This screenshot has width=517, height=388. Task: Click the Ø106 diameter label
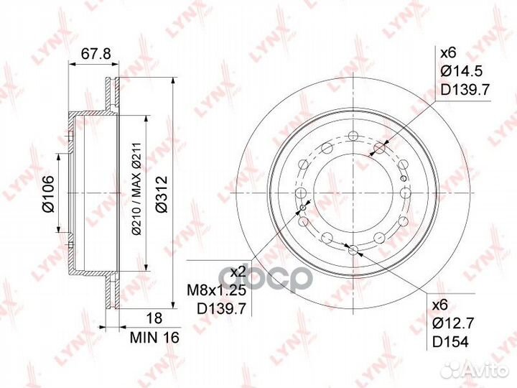(x=49, y=196)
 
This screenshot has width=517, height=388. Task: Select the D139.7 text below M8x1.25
(x=216, y=308)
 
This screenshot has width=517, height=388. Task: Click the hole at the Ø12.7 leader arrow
(x=353, y=249)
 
